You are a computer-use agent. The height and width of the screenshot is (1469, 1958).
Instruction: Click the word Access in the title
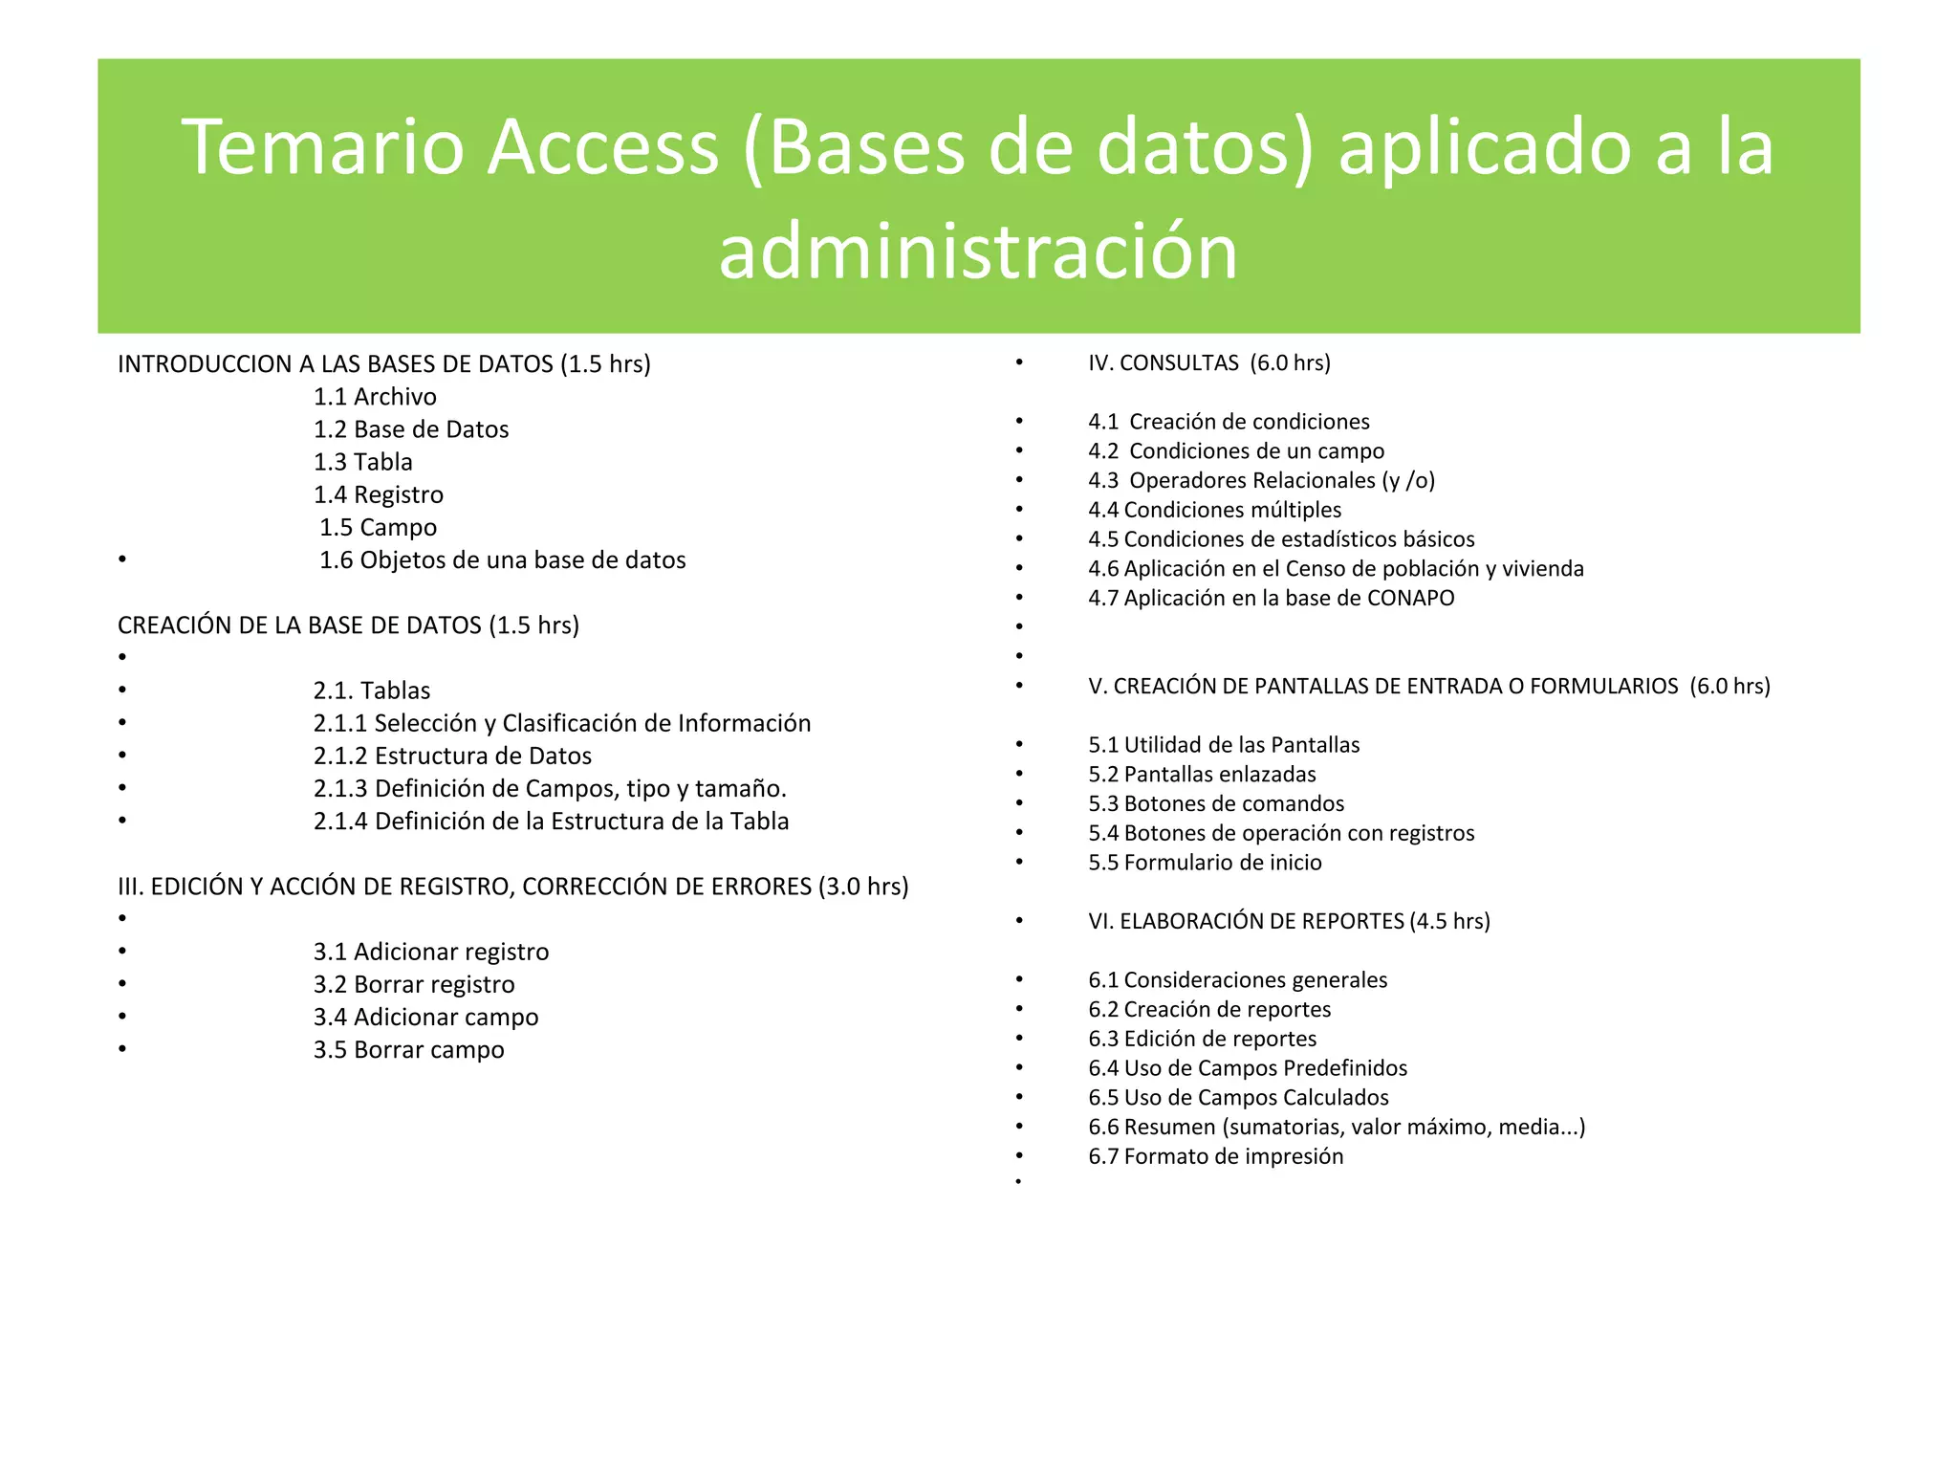tap(602, 148)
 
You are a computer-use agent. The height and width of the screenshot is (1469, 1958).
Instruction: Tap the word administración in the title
tap(978, 251)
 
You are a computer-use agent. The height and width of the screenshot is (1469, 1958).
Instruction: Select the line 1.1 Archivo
tap(375, 397)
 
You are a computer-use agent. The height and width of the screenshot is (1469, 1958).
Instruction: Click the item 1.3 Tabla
tap(363, 462)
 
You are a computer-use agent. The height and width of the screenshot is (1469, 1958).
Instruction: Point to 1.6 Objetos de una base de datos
tap(502, 560)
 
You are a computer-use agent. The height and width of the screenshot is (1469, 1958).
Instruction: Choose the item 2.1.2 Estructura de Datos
tap(452, 756)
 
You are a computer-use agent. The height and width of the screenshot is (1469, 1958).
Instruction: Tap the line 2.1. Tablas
tap(372, 691)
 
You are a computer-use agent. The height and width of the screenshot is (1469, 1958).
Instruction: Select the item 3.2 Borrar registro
tap(414, 985)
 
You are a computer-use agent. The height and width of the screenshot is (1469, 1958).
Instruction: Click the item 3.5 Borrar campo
tap(408, 1050)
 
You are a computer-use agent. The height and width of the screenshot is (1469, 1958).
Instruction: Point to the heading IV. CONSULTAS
tap(1208, 363)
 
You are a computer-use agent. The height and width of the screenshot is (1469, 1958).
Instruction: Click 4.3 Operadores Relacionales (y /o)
tap(1261, 480)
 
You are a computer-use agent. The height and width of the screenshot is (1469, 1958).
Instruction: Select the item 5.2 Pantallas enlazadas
tap(1202, 775)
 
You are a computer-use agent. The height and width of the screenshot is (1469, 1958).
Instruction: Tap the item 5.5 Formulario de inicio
tap(1205, 863)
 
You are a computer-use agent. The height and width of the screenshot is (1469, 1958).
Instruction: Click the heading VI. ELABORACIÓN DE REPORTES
tap(1288, 921)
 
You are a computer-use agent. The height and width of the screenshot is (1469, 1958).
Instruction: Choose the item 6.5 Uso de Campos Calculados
tap(1238, 1098)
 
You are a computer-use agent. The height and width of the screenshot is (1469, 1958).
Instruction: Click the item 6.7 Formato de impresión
tap(1215, 1156)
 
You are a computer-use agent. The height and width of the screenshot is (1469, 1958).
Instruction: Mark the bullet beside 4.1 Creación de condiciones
tap(1019, 422)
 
